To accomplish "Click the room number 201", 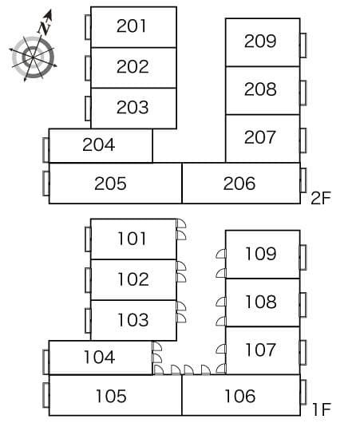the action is click(131, 26).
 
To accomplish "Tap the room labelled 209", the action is click(260, 41).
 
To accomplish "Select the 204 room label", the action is click(99, 144).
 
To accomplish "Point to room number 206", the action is click(239, 184).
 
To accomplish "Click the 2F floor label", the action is click(321, 198).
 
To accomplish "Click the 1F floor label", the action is click(321, 409).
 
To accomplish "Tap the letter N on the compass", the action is click(44, 28).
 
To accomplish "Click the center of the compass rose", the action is click(33, 57).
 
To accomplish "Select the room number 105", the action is click(111, 396).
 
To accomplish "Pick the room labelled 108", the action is click(261, 302).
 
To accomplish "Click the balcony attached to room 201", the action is click(88, 27).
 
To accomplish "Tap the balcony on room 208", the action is click(303, 93).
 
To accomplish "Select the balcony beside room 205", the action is click(45, 184).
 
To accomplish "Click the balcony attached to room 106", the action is click(303, 392).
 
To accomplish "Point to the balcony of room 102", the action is click(88, 280).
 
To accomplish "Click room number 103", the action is click(133, 320).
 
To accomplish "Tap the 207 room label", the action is click(259, 137).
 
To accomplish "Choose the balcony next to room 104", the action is click(45, 362).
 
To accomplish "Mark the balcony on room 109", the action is click(303, 257).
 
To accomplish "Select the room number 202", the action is click(133, 66).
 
